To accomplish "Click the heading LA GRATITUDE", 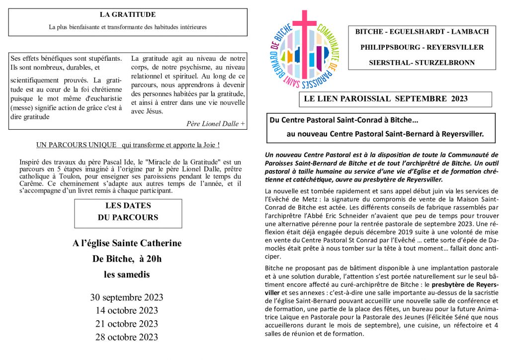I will click(x=127, y=15).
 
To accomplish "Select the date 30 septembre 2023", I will click(x=127, y=298).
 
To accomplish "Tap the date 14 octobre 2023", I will click(x=127, y=311).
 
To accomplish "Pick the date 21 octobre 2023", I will click(x=127, y=324).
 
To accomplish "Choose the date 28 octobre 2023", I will click(x=127, y=337).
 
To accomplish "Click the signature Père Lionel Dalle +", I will click(x=215, y=124).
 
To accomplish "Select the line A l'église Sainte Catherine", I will click(x=127, y=244).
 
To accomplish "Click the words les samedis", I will click(x=127, y=274).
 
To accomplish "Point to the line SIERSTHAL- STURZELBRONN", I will click(x=422, y=63).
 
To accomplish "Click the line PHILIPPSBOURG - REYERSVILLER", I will click(x=422, y=47).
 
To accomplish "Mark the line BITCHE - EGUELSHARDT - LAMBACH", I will click(x=422, y=32).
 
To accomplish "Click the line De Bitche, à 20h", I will click(x=127, y=259).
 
